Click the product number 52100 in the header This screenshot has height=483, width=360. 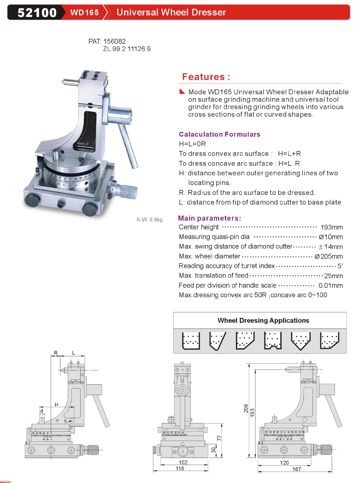click(x=37, y=13)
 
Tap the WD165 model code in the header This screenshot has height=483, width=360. click(x=84, y=13)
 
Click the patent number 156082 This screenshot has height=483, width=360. click(x=114, y=41)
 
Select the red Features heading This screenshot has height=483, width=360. click(x=206, y=77)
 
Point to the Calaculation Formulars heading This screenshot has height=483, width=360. click(x=220, y=135)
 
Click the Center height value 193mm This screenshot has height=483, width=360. click(x=331, y=227)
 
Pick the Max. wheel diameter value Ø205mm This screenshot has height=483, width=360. click(x=329, y=256)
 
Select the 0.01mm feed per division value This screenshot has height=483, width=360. click(x=330, y=286)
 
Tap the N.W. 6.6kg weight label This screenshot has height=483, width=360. click(x=149, y=219)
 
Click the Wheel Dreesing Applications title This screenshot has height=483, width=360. click(x=263, y=321)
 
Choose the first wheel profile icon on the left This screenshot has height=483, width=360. click(x=191, y=341)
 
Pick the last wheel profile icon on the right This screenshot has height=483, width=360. click(x=329, y=340)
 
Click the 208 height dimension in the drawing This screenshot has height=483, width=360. click(x=246, y=409)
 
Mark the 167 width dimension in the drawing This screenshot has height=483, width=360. click(x=297, y=469)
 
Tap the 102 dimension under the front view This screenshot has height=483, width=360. click(x=183, y=462)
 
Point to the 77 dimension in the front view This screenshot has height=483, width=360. click(x=220, y=438)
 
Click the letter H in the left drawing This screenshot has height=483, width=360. click(x=56, y=405)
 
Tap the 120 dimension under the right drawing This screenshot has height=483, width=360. click(x=284, y=463)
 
